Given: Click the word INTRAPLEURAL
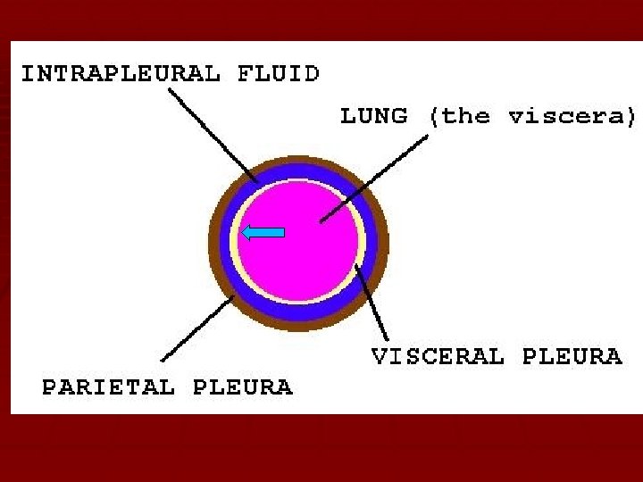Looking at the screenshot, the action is click(x=120, y=73).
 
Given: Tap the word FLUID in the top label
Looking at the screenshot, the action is click(x=278, y=73).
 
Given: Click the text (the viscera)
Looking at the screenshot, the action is click(x=532, y=116).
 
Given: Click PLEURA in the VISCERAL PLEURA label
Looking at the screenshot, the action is click(x=572, y=357).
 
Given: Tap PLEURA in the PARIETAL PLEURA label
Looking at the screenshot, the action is click(x=242, y=387).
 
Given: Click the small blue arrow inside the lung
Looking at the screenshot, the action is click(x=264, y=233).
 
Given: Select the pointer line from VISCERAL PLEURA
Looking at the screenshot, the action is click(x=373, y=303).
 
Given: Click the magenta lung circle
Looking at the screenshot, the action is click(x=304, y=259).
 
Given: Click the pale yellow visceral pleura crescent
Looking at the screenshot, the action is click(x=361, y=241).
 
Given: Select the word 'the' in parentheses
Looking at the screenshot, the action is click(x=467, y=116).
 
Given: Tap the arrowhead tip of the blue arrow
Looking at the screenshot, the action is click(x=245, y=233).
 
